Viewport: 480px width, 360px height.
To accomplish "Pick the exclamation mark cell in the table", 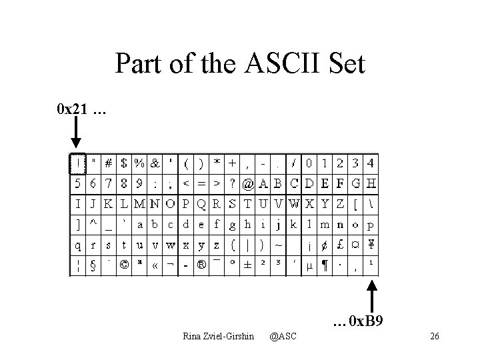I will pos(77,163).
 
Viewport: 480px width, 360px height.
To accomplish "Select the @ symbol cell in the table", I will pos(247,183).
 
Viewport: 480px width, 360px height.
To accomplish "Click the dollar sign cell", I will pos(124,163).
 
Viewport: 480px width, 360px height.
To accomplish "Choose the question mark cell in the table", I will pos(232,183).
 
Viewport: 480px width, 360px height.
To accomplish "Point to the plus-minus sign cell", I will pos(247,265).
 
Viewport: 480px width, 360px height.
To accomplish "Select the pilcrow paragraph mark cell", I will pos(325,265).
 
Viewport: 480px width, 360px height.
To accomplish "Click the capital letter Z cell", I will pos(340,203).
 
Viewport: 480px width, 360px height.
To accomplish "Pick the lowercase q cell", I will pos(77,244).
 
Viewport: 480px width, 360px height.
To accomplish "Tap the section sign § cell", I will pos(93,265).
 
